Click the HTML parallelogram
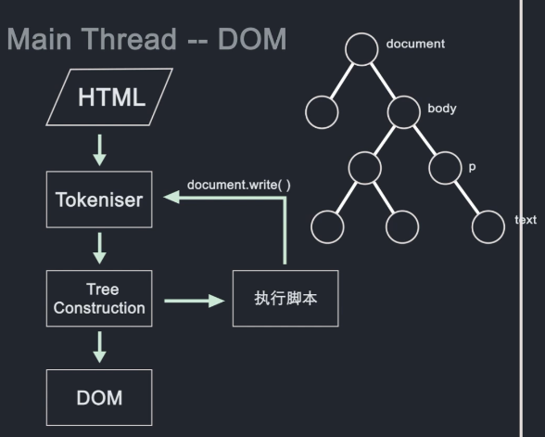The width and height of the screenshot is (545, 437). point(112,96)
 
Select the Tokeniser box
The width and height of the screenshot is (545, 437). point(99,199)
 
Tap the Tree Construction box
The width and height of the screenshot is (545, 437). point(99,298)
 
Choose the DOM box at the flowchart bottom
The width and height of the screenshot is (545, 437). point(99,397)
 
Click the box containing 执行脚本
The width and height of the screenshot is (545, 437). point(285,298)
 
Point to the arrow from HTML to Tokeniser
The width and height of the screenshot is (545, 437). point(100,149)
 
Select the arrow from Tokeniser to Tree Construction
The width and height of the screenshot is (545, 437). point(100,248)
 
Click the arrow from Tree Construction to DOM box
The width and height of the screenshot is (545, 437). point(100,346)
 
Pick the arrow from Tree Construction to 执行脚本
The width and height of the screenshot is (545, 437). point(195,300)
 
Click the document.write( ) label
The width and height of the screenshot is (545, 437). point(239,185)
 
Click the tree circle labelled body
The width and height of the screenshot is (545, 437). point(405,112)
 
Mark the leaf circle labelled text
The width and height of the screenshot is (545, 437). point(488,226)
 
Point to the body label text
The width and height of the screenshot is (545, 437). point(441,109)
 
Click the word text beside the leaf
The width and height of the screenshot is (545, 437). point(525,220)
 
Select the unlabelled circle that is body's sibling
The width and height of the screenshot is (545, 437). point(323,112)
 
